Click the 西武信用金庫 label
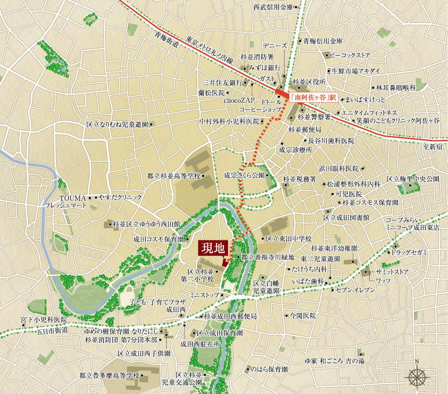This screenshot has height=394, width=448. [272, 7]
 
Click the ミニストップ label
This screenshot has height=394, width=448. [204, 295]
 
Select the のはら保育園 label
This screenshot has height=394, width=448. [269, 369]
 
